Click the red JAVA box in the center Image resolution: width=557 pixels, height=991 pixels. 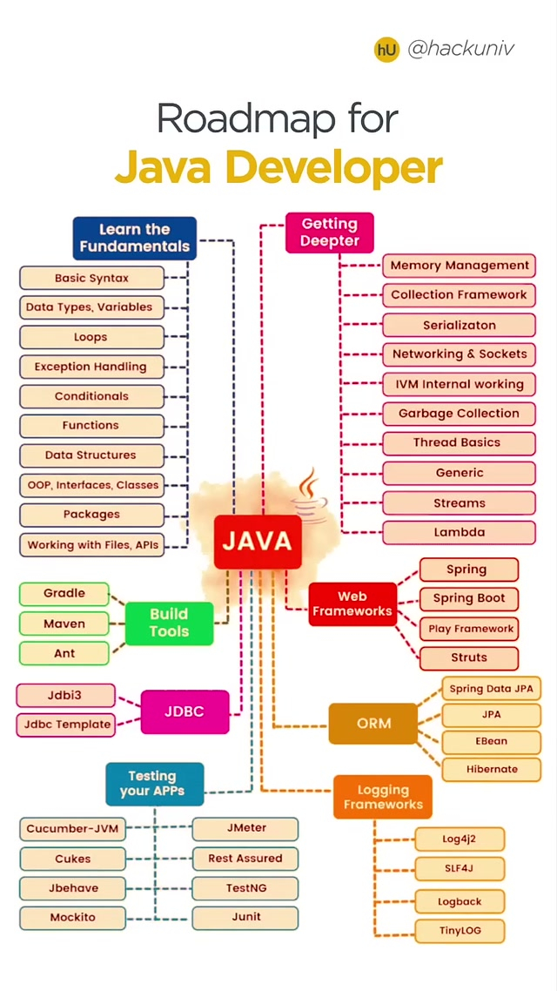[257, 541]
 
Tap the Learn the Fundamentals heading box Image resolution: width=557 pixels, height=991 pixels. [134, 238]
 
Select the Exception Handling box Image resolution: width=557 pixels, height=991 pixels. [91, 367]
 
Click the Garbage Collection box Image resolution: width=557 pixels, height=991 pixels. [459, 414]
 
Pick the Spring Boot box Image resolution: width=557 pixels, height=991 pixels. [468, 598]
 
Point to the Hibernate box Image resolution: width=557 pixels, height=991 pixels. [492, 769]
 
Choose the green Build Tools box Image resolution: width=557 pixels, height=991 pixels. [169, 622]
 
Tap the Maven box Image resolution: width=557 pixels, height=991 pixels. [64, 624]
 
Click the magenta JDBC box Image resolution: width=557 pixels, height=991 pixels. [185, 711]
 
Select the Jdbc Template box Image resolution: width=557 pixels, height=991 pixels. [67, 724]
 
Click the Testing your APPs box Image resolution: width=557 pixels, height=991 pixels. [154, 783]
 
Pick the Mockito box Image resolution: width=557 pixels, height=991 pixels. [72, 917]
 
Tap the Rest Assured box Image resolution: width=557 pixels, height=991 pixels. [245, 858]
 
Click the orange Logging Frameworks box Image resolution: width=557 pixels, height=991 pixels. [382, 797]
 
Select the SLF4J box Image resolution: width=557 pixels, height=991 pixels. [459, 868]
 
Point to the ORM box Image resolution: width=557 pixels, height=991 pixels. [373, 723]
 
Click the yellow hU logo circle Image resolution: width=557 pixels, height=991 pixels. [386, 50]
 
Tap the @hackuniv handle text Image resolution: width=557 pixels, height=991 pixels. [460, 49]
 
